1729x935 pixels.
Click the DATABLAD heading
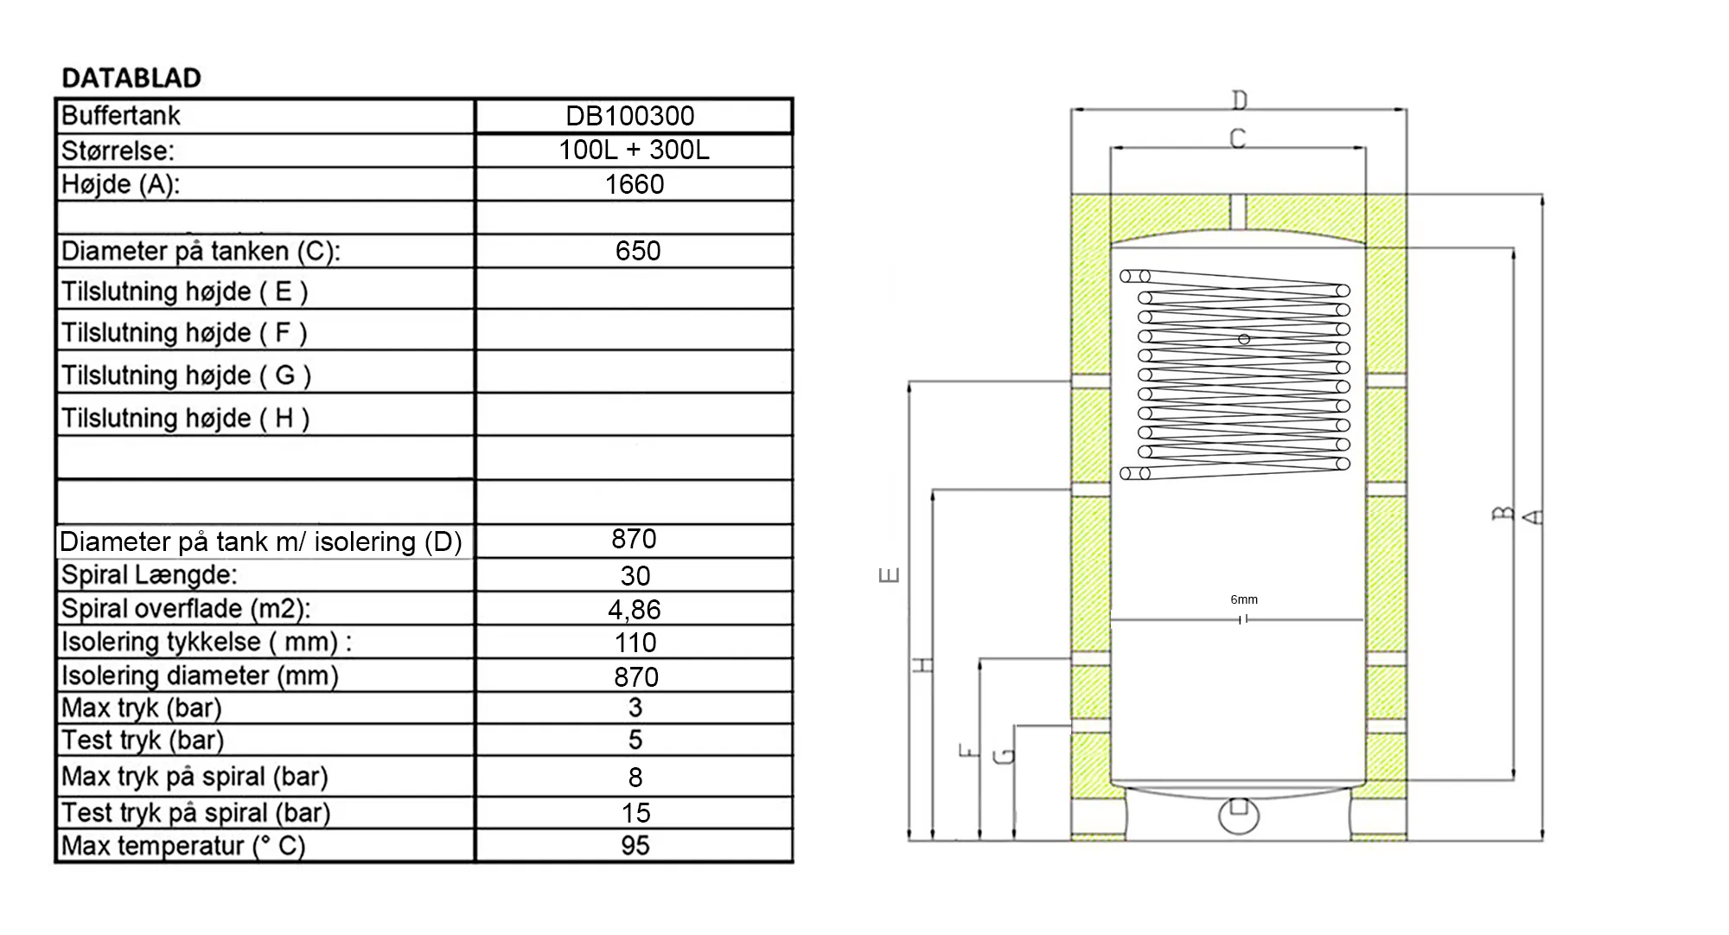131,78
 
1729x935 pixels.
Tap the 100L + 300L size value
634,150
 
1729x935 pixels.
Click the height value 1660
635,184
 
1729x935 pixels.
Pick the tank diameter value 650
638,251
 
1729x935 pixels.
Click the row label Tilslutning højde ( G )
186,375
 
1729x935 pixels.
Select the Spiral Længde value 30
635,576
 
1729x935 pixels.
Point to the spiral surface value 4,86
635,610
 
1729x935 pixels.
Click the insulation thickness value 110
635,643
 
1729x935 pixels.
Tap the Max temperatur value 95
635,845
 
